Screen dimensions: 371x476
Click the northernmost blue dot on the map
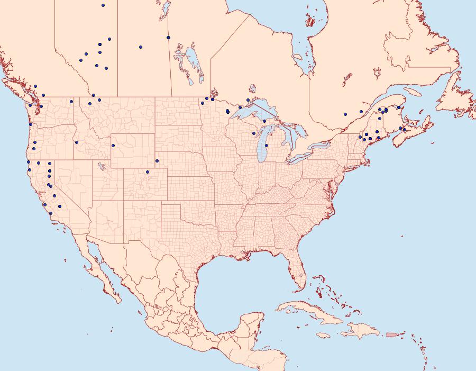103,5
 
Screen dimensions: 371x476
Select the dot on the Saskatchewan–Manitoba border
168,38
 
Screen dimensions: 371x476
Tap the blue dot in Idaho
77,142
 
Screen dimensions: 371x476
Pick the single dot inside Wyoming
113,146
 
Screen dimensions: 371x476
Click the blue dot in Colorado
148,171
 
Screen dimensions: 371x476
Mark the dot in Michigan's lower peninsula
266,146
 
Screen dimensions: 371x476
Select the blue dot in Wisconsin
254,133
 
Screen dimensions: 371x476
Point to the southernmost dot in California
51,213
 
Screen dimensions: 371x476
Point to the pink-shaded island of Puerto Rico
391,334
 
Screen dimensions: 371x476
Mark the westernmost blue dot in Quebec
345,114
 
